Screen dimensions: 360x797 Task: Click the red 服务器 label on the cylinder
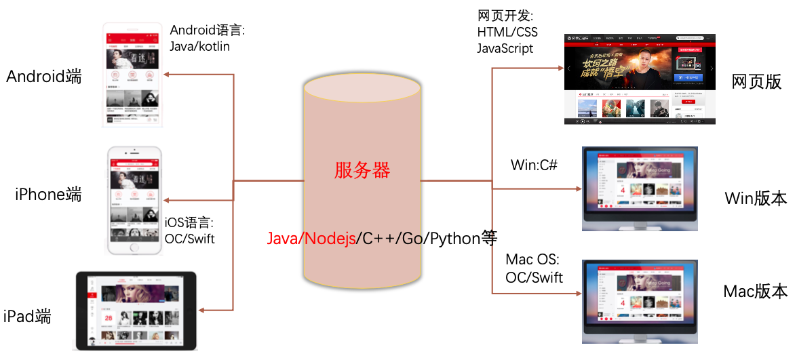[362, 171]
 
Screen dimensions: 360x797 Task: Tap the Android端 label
[44, 77]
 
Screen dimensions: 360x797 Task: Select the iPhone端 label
[48, 195]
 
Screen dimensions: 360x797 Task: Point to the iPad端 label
[27, 316]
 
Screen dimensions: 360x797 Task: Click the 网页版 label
[756, 82]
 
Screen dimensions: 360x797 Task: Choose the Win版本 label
[756, 199]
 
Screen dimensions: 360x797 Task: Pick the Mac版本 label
[755, 292]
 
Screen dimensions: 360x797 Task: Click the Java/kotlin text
[200, 47]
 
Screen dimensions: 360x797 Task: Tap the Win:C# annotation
[534, 165]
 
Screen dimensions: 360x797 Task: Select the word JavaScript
[505, 48]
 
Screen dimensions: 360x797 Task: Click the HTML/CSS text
[507, 32]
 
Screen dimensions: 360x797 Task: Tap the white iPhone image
[136, 201]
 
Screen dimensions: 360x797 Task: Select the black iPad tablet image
[135, 311]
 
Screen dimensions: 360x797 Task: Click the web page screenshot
[640, 79]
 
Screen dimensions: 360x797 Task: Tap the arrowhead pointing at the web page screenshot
[560, 68]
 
